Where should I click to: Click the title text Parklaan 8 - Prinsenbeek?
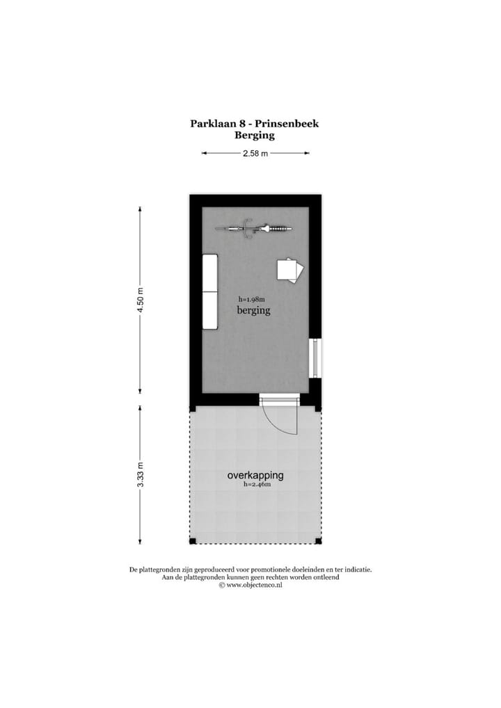pyautogui.click(x=255, y=124)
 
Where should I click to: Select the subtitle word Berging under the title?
pyautogui.click(x=255, y=136)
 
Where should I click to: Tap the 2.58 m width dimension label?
pyautogui.click(x=255, y=154)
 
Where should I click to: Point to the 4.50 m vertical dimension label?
pyautogui.click(x=141, y=299)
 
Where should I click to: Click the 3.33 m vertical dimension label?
pyautogui.click(x=141, y=475)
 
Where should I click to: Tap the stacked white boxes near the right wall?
pyautogui.click(x=290, y=270)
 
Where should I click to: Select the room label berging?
pyautogui.click(x=253, y=311)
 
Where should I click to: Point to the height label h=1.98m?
pyautogui.click(x=252, y=300)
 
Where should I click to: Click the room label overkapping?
pyautogui.click(x=255, y=476)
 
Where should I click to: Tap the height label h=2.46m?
pyautogui.click(x=256, y=485)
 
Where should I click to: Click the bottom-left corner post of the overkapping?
pyautogui.click(x=193, y=541)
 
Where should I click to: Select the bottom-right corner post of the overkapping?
pyautogui.click(x=319, y=541)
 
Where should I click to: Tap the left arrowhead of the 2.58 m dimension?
pyautogui.click(x=204, y=154)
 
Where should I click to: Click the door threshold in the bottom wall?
pyautogui.click(x=279, y=400)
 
